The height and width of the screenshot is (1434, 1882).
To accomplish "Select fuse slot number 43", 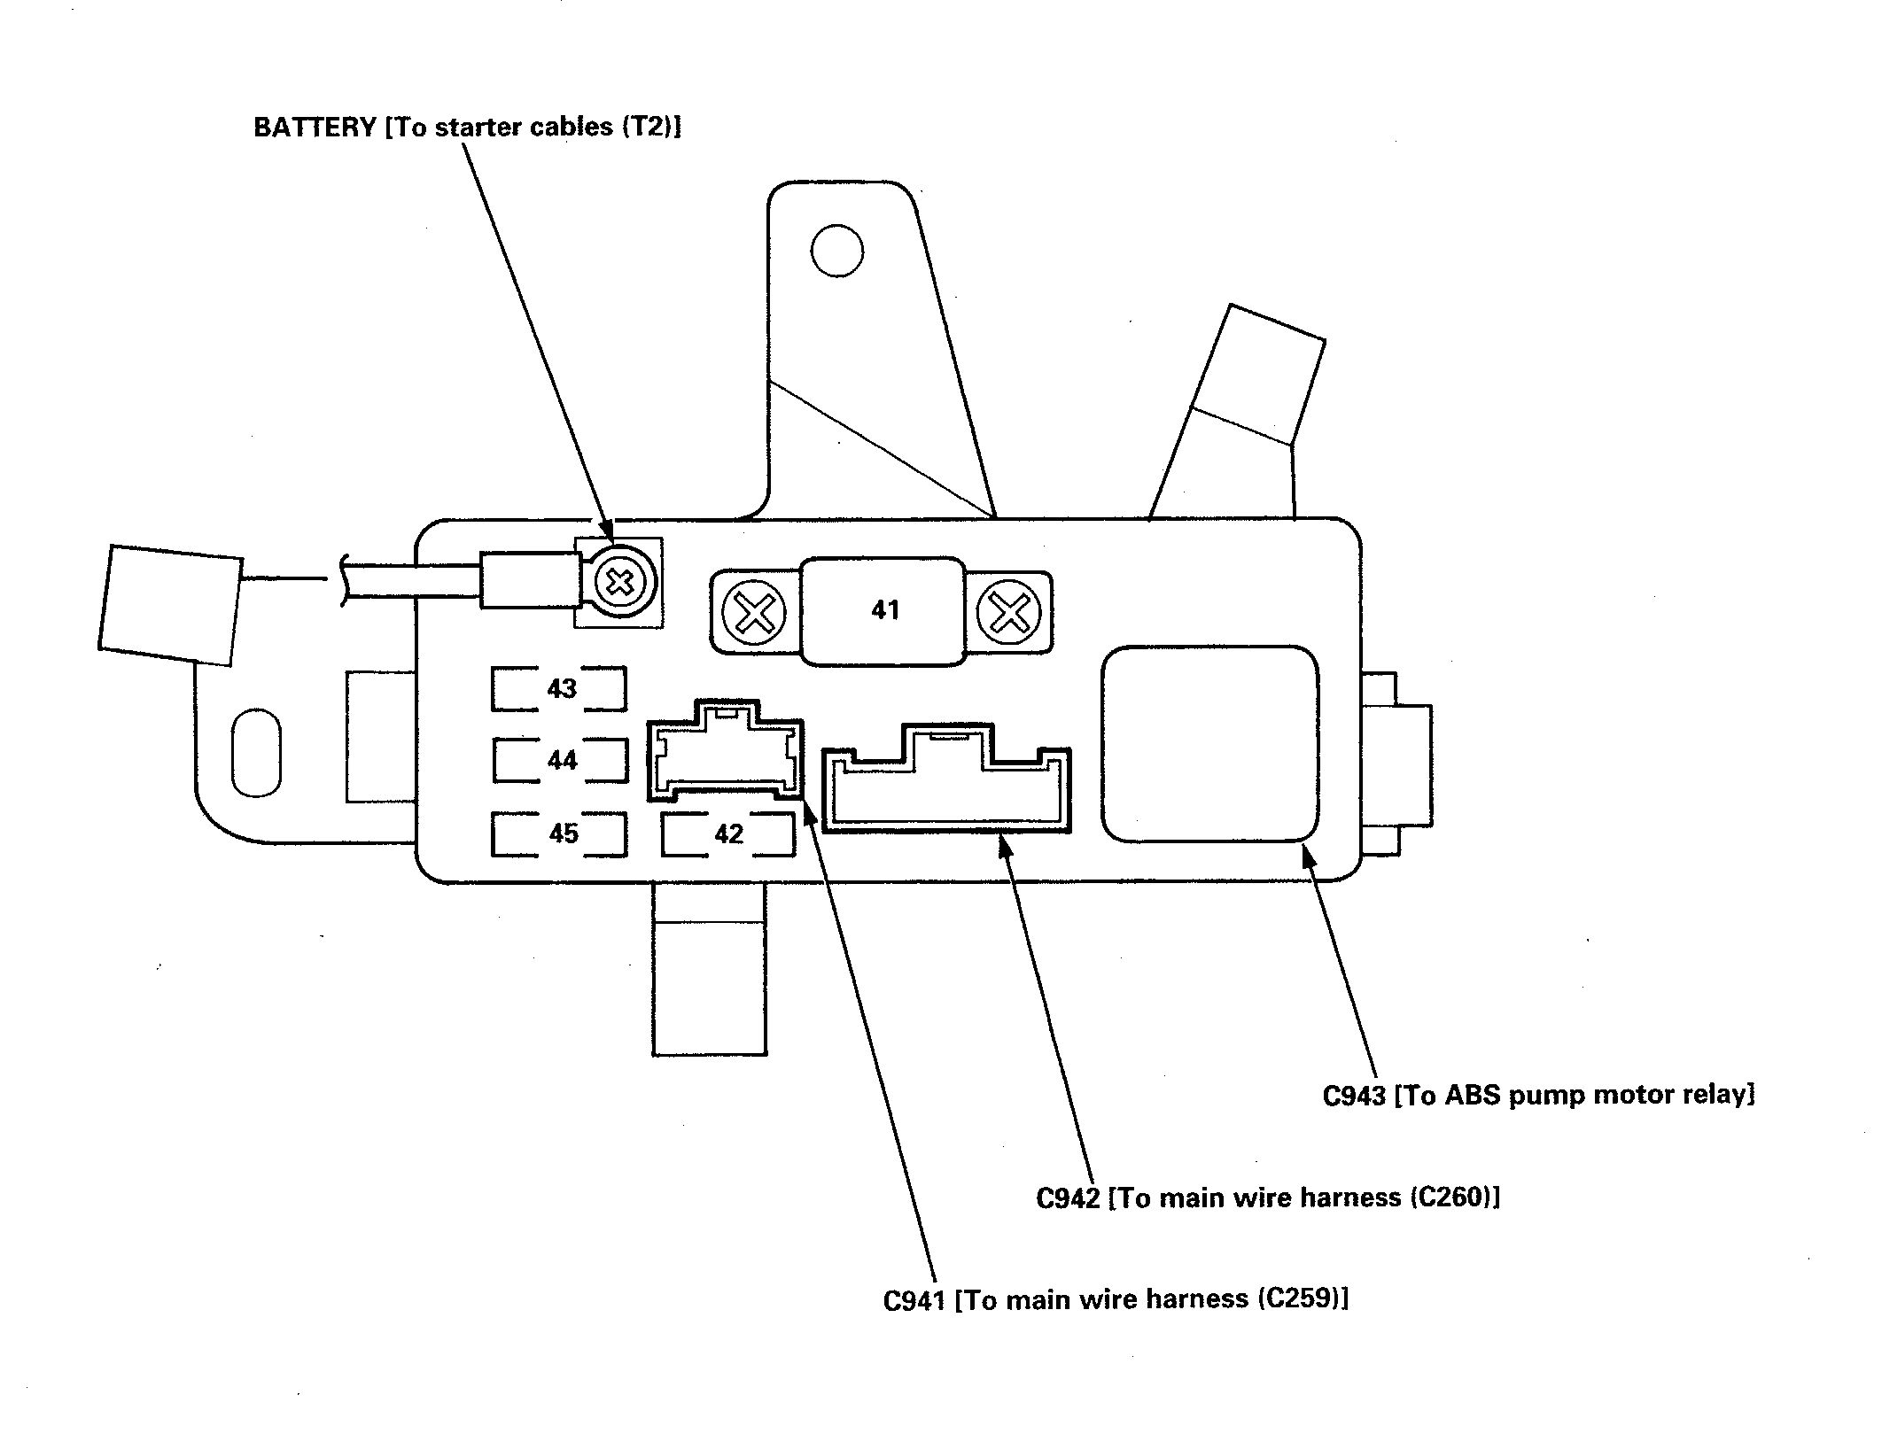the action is [559, 688].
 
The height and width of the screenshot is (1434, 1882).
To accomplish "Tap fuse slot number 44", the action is [560, 760].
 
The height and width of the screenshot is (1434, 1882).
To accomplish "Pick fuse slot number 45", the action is [559, 833].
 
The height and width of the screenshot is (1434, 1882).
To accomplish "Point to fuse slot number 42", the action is [727, 833].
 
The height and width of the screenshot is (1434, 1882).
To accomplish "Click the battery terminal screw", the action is [619, 583].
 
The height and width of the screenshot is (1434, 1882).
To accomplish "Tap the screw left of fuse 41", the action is [754, 612].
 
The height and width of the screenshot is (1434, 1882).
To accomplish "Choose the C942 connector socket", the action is [946, 778].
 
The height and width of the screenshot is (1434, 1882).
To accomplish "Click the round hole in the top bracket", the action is [836, 251].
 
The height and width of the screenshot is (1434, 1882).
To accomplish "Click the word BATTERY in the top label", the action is [315, 128].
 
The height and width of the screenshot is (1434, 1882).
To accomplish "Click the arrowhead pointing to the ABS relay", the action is [1309, 857].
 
